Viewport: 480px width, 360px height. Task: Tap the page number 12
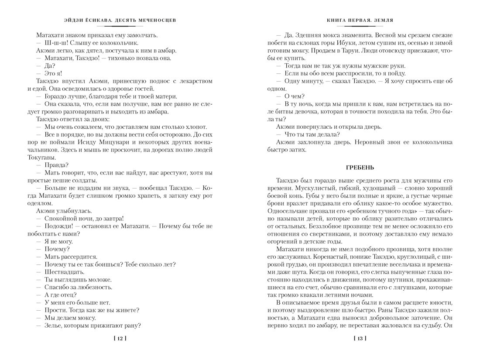tap(119, 338)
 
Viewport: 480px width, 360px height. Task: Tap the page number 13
tap(360, 338)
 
